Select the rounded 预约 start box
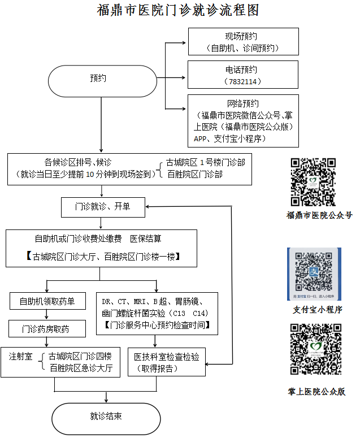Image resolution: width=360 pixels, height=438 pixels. point(101,79)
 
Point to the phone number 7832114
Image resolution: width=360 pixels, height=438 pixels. point(243,81)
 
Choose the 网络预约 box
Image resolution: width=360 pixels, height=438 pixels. point(243,120)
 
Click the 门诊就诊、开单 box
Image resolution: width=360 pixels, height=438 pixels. point(103,207)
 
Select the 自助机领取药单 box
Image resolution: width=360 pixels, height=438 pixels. point(47,301)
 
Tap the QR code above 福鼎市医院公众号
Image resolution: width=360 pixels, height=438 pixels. point(313,182)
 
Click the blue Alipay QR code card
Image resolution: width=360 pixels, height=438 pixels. point(314,274)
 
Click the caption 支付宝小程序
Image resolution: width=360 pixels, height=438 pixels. point(317,310)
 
